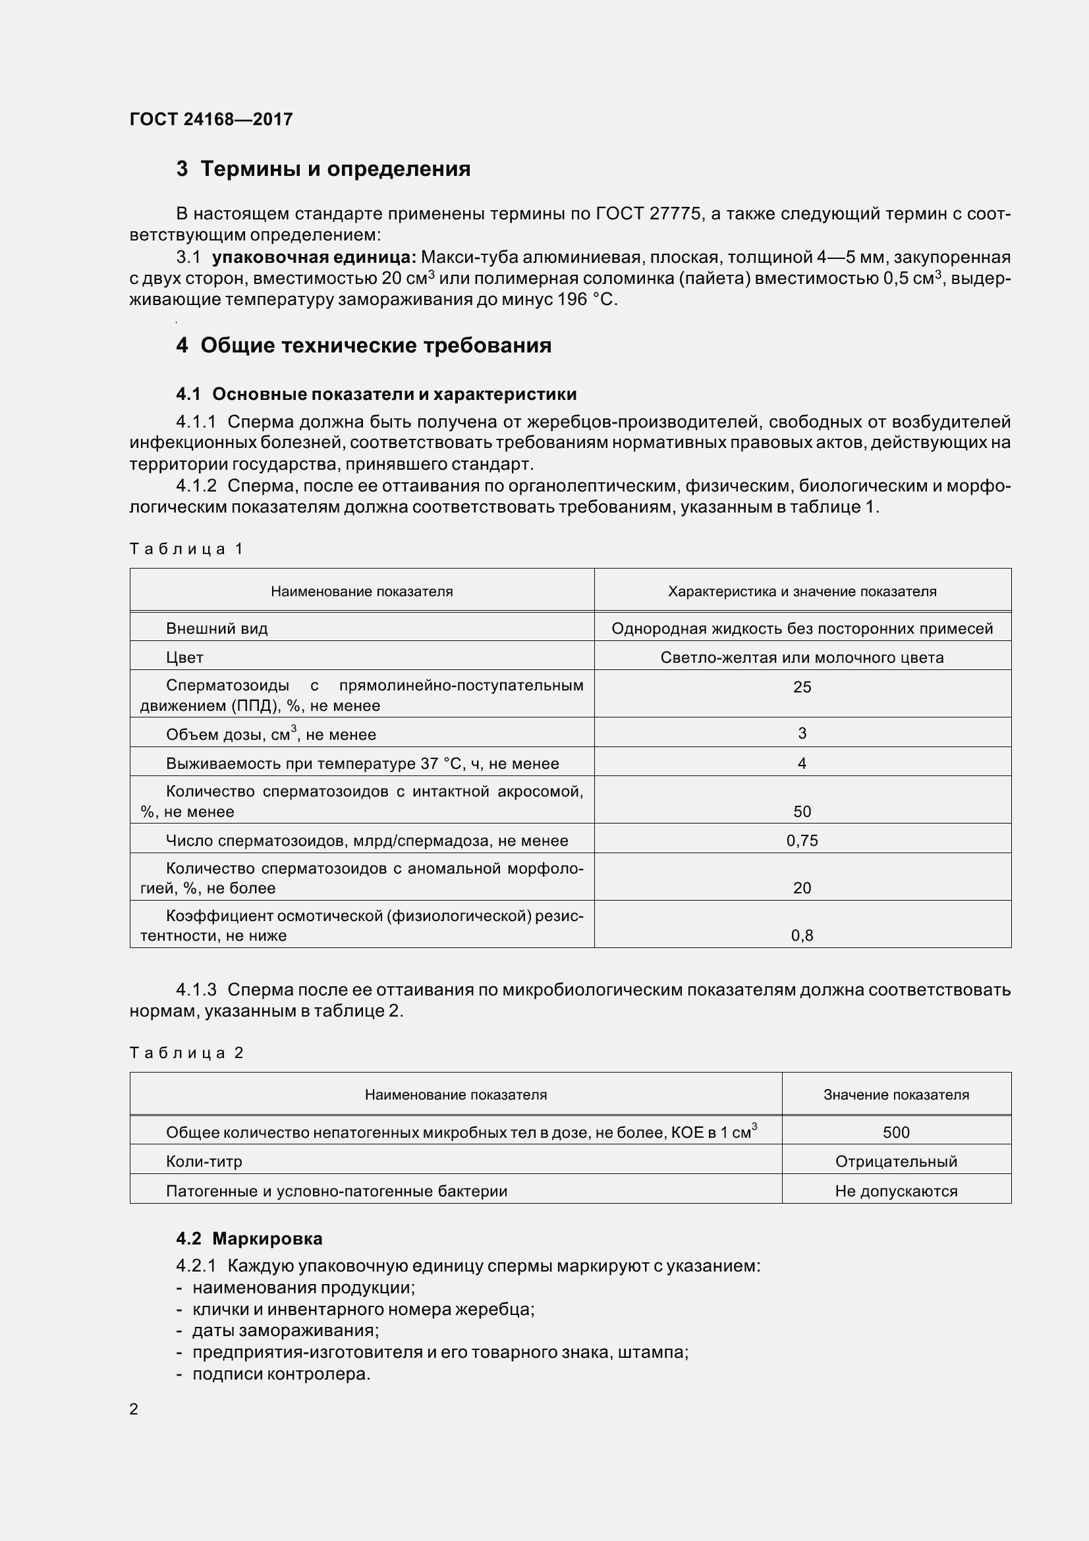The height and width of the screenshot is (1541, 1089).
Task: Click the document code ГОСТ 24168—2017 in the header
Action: coord(211,119)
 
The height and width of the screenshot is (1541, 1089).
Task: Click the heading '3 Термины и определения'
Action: coord(323,169)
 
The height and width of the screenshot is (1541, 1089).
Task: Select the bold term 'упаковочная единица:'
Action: coord(314,257)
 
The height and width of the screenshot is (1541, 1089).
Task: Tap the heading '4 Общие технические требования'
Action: coord(364,346)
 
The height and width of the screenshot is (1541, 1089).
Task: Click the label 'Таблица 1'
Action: coord(186,549)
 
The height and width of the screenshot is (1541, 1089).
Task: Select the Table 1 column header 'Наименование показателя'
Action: coord(362,591)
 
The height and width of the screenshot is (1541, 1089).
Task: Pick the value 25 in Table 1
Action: coord(802,687)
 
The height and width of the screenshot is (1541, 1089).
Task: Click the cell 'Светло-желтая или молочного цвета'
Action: coord(802,658)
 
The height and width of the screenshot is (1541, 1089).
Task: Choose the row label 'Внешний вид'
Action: coord(217,629)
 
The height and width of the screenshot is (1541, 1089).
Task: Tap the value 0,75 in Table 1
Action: coord(802,841)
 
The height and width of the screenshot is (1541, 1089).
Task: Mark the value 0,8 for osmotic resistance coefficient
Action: coord(802,936)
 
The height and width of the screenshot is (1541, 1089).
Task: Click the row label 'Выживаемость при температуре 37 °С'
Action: coord(362,764)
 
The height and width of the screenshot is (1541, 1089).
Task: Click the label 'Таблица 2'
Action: coord(186,1052)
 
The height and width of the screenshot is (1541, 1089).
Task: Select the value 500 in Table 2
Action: coord(896,1133)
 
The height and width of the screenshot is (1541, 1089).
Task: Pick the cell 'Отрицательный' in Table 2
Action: coord(896,1161)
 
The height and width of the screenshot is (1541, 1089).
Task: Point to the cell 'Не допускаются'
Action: coord(896,1191)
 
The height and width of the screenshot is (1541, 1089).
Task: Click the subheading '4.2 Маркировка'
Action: coord(249,1239)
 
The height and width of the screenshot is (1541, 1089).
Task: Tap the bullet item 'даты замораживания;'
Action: coord(285,1330)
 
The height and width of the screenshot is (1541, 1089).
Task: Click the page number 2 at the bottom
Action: coord(134,1409)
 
